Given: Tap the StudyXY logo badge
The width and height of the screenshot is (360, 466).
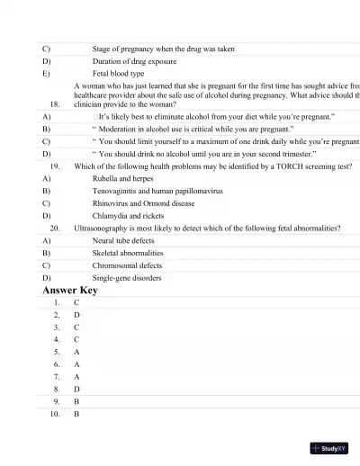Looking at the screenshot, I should (330, 447).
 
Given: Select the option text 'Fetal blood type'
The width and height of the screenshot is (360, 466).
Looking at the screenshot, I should (118, 74).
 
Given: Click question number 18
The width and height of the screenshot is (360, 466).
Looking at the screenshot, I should (55, 103).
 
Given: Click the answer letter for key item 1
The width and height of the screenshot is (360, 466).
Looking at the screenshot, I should (76, 303).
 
